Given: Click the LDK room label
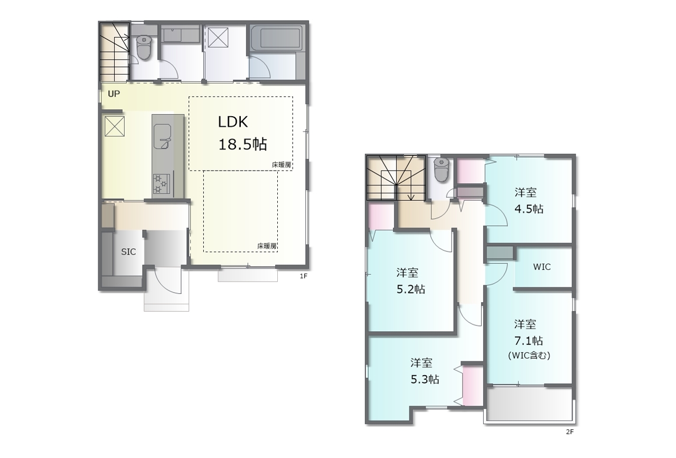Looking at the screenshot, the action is (233, 122).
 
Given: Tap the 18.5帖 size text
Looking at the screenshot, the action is (242, 144).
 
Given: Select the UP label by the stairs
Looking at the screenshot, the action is (114, 94).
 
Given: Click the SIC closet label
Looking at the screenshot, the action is (128, 252).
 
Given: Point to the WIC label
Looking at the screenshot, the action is (542, 267).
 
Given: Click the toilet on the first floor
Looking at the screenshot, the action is (144, 47).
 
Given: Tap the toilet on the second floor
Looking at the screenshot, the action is (442, 170).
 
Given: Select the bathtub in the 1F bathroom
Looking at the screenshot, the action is (276, 39).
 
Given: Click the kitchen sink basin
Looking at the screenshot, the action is (162, 137).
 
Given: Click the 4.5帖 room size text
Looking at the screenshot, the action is (529, 209).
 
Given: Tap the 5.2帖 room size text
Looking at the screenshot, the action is (411, 289).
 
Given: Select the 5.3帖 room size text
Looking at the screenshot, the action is (425, 379).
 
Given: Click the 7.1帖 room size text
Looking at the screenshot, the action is (529, 341).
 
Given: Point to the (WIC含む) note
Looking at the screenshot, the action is (529, 356).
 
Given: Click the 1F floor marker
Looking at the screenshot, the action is (303, 276).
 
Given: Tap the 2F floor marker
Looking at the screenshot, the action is (570, 432).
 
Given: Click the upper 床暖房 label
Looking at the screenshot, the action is (281, 165).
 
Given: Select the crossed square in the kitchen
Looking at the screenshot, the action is (115, 126).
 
